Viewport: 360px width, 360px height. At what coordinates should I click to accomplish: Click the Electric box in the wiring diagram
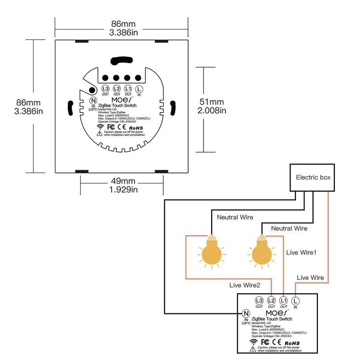click(313, 177)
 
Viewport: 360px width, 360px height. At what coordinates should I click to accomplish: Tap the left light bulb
click(211, 252)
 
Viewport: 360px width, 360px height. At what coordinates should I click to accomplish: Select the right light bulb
click(261, 252)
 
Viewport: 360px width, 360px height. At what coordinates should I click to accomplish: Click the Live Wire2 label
click(244, 285)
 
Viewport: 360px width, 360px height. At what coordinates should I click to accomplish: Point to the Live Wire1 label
click(301, 252)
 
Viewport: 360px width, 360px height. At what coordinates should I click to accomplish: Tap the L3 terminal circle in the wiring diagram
click(259, 301)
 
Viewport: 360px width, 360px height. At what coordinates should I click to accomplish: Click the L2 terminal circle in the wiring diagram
click(271, 301)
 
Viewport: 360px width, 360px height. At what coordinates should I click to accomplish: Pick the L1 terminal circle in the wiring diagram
click(283, 301)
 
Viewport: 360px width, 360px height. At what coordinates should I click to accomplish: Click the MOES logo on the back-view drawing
click(122, 99)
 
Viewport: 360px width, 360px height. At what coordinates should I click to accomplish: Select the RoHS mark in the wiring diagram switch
click(292, 343)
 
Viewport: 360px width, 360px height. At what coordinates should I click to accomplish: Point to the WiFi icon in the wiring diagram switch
click(254, 342)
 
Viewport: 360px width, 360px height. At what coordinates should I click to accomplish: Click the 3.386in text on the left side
click(28, 111)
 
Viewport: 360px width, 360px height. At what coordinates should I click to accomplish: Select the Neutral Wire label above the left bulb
click(235, 217)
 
